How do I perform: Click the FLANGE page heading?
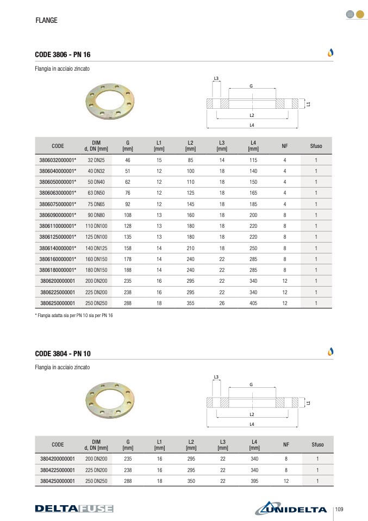point(47,20)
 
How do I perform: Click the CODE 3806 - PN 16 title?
point(63,54)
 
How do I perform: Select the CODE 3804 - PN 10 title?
point(63,353)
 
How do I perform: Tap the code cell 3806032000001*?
point(58,160)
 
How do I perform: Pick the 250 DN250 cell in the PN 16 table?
point(96,303)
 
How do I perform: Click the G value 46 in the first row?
point(128,160)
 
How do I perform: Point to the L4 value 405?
point(253,303)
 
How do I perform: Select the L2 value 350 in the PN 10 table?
point(191,481)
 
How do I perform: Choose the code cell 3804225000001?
point(58,470)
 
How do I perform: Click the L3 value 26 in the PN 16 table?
point(222,303)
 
